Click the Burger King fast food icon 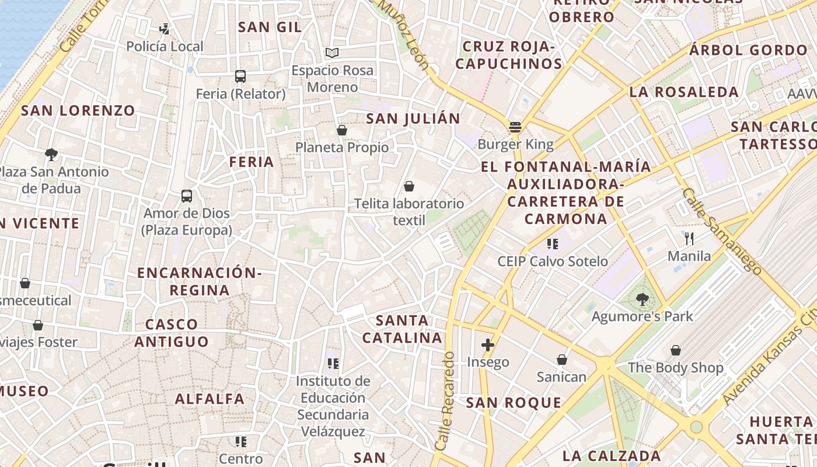coord(515,127)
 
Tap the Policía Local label coord(165,47)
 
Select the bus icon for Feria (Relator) coord(240,76)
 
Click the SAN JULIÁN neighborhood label coord(413,119)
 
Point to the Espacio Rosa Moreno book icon coord(332,53)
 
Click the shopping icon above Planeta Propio coord(342,130)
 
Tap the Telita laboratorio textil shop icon coord(409,186)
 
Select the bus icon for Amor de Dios coord(187,196)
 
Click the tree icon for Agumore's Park coord(642,299)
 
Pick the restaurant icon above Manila coord(689,238)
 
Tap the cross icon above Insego coord(488,345)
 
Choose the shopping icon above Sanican coord(561,360)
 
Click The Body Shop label coord(675,368)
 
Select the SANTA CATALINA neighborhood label coord(402,329)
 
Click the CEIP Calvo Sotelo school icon coord(552,244)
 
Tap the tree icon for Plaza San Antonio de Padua coord(51,154)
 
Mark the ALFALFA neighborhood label coord(210,399)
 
